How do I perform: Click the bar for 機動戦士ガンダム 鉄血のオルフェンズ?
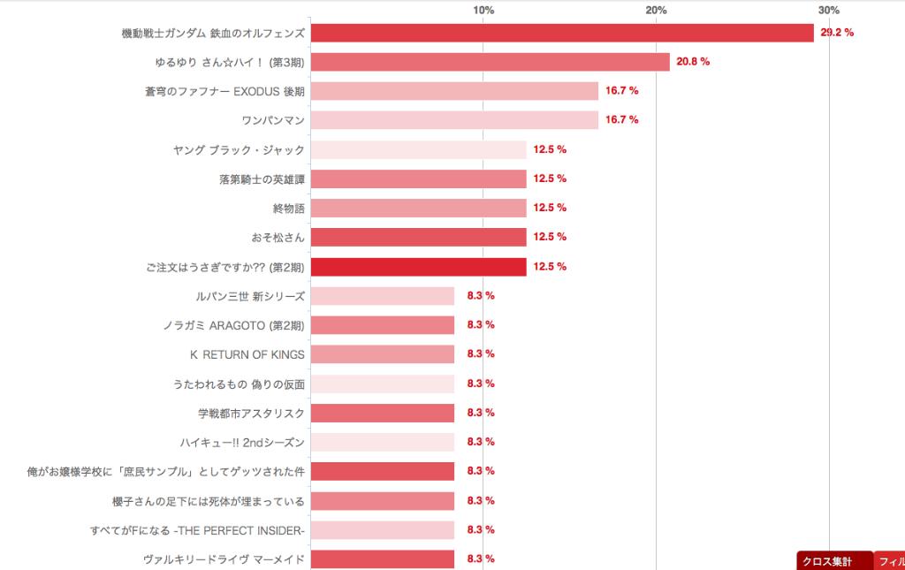[x=562, y=33]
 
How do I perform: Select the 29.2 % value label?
[x=837, y=33]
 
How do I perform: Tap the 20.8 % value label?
[x=693, y=62]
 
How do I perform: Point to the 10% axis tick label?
[x=483, y=10]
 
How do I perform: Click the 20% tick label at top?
[x=656, y=10]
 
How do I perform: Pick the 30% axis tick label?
[x=828, y=10]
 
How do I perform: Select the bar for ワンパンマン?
[x=454, y=120]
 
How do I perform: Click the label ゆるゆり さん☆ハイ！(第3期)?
[x=229, y=63]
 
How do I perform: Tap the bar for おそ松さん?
[x=418, y=237]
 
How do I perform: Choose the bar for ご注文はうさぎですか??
[x=418, y=267]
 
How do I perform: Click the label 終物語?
[x=288, y=209]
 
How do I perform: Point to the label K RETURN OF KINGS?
[x=247, y=354]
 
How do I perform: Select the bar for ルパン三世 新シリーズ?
[x=383, y=296]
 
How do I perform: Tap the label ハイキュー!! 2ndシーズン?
[x=241, y=442]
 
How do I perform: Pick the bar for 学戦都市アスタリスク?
[x=383, y=413]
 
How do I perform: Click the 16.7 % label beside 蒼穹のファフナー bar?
[x=621, y=91]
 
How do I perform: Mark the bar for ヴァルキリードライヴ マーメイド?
[x=383, y=559]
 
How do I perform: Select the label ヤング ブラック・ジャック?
[x=239, y=150]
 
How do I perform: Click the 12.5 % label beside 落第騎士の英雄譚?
[x=550, y=179]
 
